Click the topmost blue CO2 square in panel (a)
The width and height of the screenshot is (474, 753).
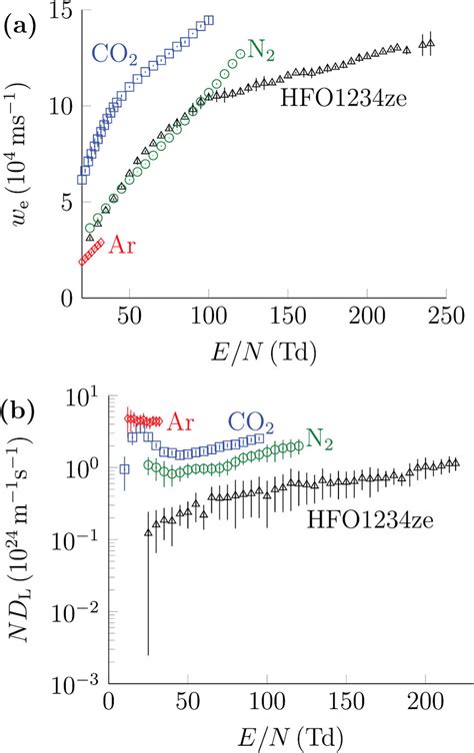[209, 20]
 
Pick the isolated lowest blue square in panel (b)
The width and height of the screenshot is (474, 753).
[125, 468]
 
